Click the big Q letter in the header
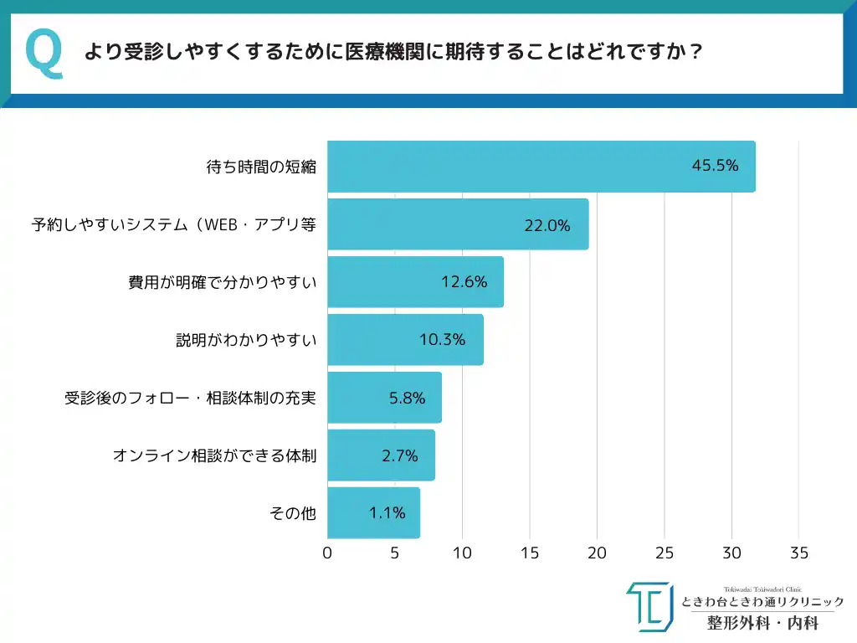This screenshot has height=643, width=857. [44, 54]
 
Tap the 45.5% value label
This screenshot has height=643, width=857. [715, 166]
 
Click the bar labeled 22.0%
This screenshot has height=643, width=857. [457, 224]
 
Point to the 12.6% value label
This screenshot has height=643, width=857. [464, 282]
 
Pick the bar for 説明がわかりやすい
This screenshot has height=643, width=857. [405, 340]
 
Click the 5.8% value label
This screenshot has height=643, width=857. [407, 398]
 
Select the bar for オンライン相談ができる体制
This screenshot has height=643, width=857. [381, 455]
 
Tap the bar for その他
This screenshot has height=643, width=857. [373, 513]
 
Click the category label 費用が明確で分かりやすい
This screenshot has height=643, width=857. [222, 282]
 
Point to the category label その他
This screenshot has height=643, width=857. [293, 513]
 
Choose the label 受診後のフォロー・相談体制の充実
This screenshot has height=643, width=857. [190, 398]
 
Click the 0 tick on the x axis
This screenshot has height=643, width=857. [327, 553]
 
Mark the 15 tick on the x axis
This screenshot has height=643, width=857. [530, 553]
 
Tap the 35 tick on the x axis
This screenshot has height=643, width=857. [799, 553]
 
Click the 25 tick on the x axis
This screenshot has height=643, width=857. [665, 553]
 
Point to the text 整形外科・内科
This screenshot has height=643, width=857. [762, 623]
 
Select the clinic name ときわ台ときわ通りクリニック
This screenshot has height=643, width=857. [762, 602]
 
